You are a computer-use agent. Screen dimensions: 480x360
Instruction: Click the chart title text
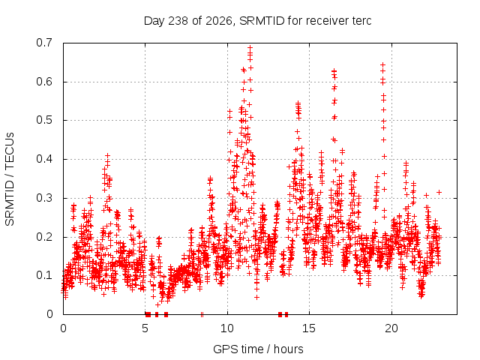coord(257,21)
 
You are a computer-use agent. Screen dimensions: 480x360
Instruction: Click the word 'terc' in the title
coord(361,21)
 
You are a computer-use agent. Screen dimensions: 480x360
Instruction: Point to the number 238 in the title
coord(178,21)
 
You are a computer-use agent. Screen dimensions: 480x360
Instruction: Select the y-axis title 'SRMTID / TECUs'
coord(10,179)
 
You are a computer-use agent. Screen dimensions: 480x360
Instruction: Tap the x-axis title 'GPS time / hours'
coord(258,349)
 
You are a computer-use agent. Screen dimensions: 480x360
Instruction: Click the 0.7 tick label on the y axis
coord(44,43)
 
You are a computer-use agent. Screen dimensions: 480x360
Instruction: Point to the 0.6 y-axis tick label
coord(44,82)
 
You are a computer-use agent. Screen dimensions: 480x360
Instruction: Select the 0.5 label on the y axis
coord(44,120)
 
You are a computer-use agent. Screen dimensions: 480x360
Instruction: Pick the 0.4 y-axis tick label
coord(44,159)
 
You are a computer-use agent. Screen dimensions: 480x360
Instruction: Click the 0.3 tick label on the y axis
coord(44,198)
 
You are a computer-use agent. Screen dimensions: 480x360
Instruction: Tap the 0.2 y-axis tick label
coord(44,237)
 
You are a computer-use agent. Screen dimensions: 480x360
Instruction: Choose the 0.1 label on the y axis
coord(44,275)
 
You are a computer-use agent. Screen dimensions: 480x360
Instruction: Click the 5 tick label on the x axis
coord(145,328)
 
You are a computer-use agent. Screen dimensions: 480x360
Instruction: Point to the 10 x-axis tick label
coord(227,328)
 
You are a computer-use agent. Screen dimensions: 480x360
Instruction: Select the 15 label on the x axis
coord(309,328)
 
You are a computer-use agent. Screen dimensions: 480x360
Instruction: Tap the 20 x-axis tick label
coord(391,328)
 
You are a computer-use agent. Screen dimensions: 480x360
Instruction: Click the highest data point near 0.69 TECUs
coord(250,47)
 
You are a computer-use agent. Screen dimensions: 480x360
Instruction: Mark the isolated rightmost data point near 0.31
coord(439,192)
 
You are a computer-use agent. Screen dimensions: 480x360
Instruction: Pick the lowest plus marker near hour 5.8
coord(157,304)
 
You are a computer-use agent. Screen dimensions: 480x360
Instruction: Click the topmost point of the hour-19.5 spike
coord(382,64)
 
